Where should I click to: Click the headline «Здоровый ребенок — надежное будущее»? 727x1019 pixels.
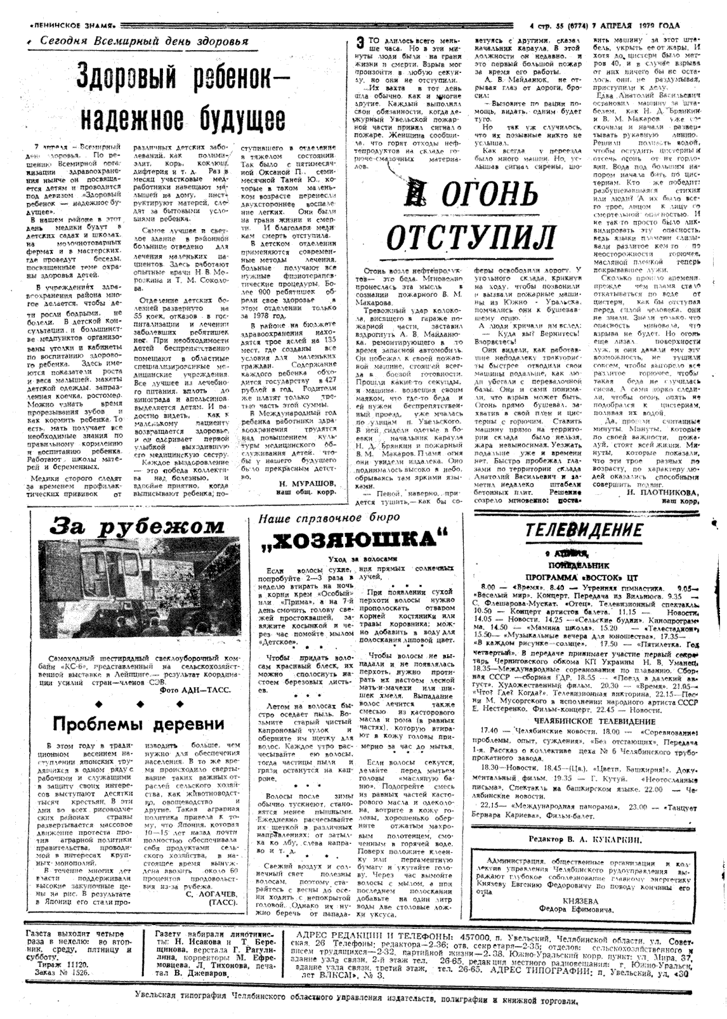[180, 96]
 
